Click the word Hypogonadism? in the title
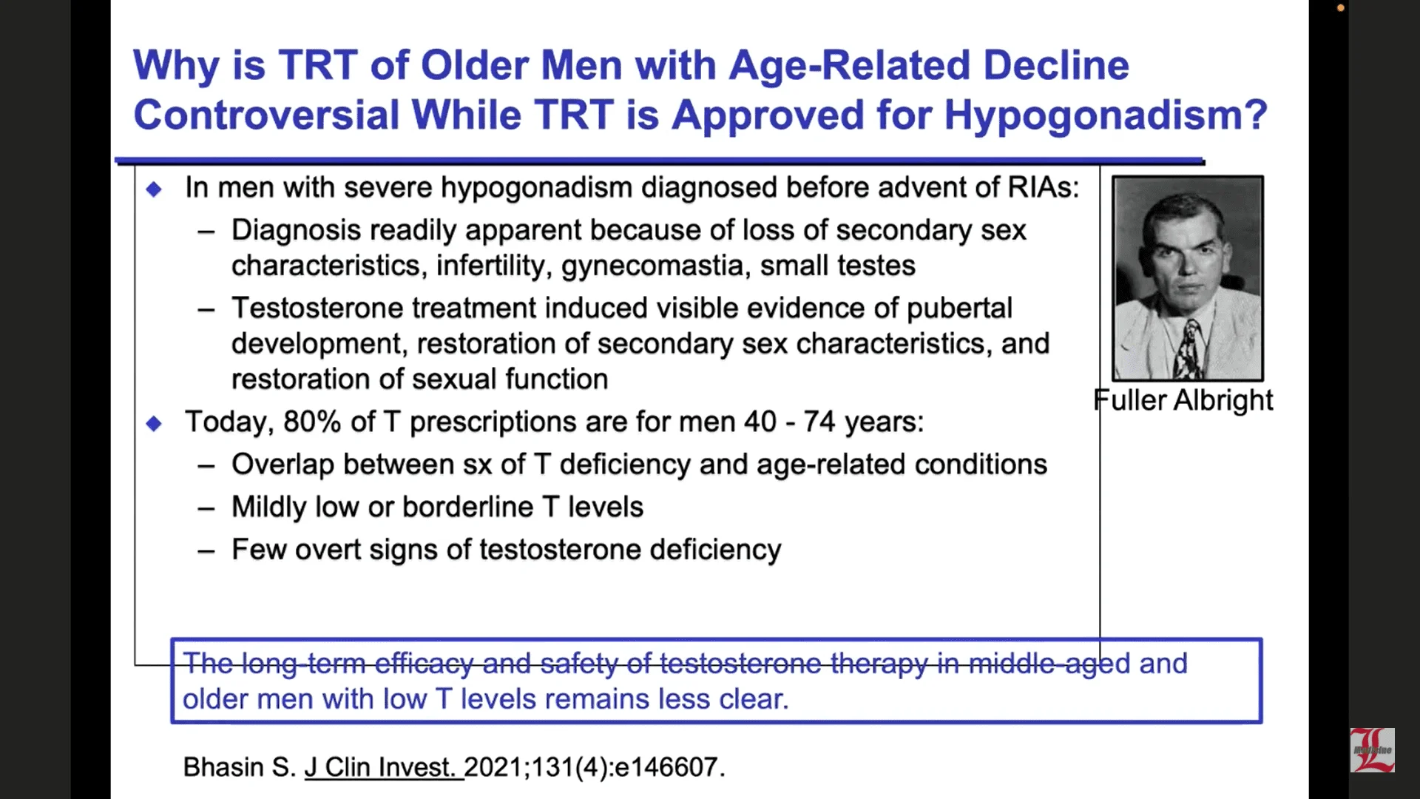click(x=1106, y=116)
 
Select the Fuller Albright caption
click(x=1183, y=400)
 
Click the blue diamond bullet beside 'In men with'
click(x=154, y=189)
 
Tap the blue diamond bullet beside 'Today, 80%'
click(x=154, y=424)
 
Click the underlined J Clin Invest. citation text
click(x=384, y=767)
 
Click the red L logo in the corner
click(x=1373, y=750)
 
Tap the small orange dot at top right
click(x=1341, y=8)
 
